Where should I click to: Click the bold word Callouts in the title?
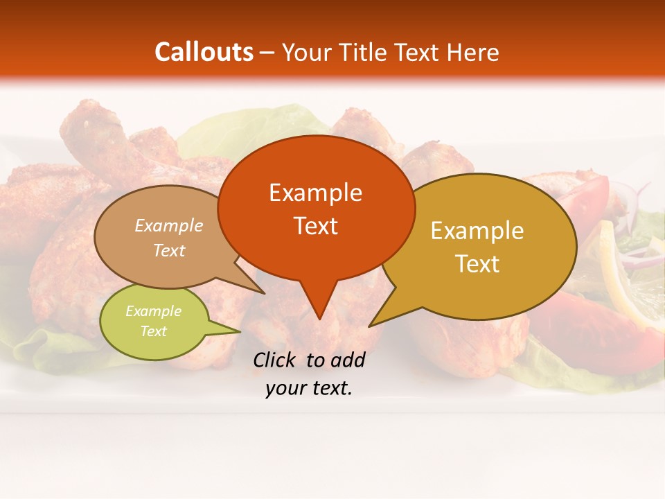coord(204,52)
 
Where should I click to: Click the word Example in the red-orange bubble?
coord(315,193)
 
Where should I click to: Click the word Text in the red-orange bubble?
coord(315,226)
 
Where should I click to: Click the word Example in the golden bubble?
coord(477,231)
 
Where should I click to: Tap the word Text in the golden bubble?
coord(477,264)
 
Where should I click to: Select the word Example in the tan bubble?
coord(168,226)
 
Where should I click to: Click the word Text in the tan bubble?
coord(168,251)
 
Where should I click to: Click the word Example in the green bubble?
coord(153,311)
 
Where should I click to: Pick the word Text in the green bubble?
coord(153,331)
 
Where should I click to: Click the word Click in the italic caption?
coord(276,360)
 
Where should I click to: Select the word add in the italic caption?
coord(348,360)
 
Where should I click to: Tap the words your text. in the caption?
coord(309,388)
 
